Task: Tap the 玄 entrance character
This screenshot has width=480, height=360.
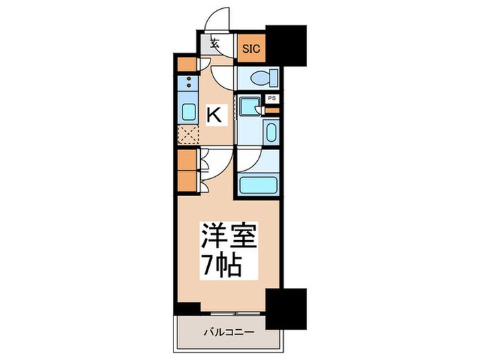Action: tap(215, 44)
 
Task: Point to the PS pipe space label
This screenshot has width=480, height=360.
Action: tap(272, 99)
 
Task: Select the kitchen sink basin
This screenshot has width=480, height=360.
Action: tap(187, 112)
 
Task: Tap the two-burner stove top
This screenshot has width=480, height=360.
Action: tap(187, 84)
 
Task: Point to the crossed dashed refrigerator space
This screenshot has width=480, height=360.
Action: tap(187, 135)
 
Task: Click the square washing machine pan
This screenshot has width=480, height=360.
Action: tap(250, 105)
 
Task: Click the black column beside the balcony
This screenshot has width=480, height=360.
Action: tap(285, 308)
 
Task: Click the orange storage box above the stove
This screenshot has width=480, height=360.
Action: tap(187, 64)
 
